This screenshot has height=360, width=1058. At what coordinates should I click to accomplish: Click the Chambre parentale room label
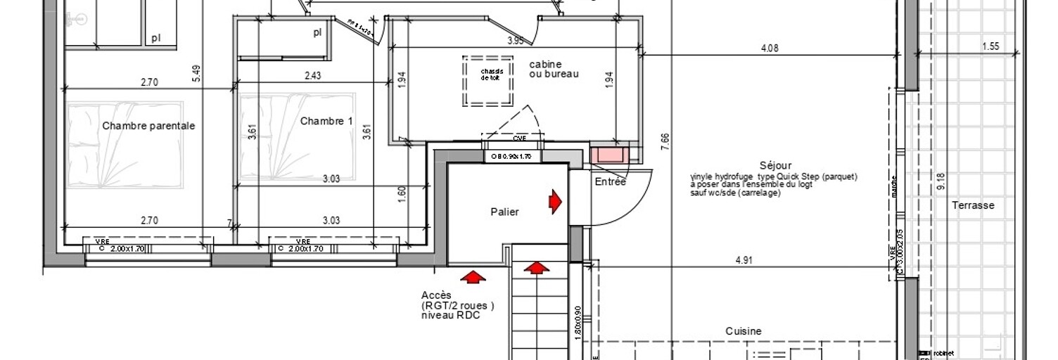pos(148,126)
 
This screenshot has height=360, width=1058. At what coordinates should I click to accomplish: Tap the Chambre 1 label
pos(326,121)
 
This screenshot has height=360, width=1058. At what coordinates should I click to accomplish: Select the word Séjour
pos(775,166)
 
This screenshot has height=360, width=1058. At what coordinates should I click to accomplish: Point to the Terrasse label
pos(973,205)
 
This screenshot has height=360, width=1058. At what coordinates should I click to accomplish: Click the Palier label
pos(505,212)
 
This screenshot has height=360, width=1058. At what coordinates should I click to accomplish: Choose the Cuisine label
pos(744,331)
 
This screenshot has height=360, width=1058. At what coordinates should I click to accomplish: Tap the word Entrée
pos(610,181)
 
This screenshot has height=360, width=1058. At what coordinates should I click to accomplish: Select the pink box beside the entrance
pos(609,155)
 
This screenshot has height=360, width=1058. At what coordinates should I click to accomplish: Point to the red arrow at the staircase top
pos(537,268)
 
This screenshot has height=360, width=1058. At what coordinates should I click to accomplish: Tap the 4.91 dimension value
pos(744,260)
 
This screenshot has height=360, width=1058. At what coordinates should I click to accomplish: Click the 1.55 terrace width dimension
pos(990,47)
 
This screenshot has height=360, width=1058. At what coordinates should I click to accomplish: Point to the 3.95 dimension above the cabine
pos(516,41)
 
